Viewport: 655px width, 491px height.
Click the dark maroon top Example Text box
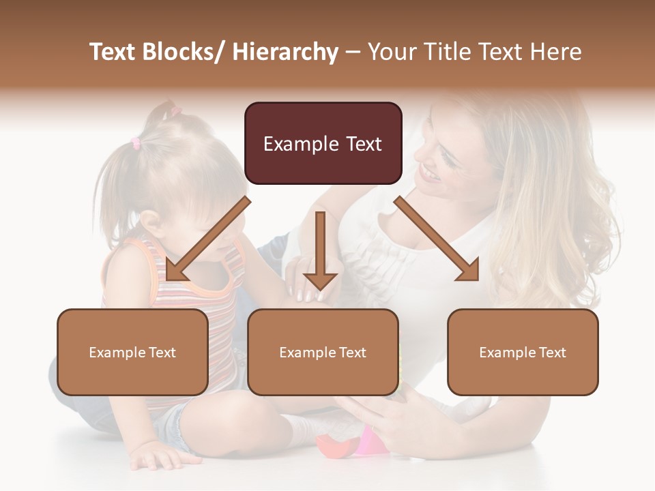[x=323, y=143]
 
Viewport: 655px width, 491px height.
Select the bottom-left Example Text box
[x=132, y=352]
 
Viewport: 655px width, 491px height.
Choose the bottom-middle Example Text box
[x=323, y=352]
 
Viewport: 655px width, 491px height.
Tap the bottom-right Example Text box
[x=523, y=352]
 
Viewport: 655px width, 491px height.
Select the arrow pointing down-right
[x=437, y=239]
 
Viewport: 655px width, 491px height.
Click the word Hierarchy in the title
[x=285, y=52]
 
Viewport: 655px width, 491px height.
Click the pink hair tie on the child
[x=135, y=143]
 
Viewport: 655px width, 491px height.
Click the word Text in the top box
[x=361, y=144]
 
